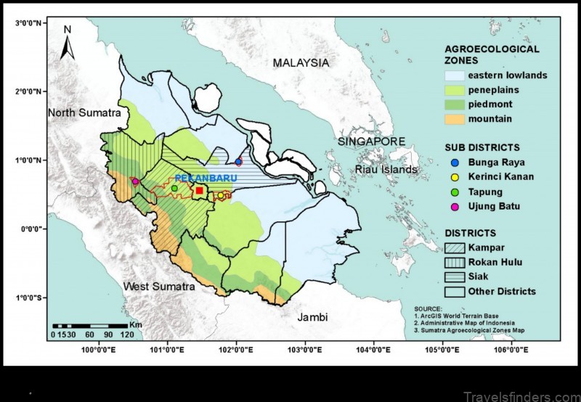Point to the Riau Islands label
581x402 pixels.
click(386, 170)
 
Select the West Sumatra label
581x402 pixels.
click(159, 287)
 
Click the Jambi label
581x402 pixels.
click(313, 317)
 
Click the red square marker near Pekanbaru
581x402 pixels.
click(200, 190)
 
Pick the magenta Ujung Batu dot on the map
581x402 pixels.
click(135, 181)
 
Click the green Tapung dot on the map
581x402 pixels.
click(174, 189)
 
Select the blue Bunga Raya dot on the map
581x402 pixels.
click(238, 161)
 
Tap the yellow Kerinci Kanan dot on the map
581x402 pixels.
click(221, 195)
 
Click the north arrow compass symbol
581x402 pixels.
click(68, 44)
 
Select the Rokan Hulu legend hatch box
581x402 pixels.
click(453, 263)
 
